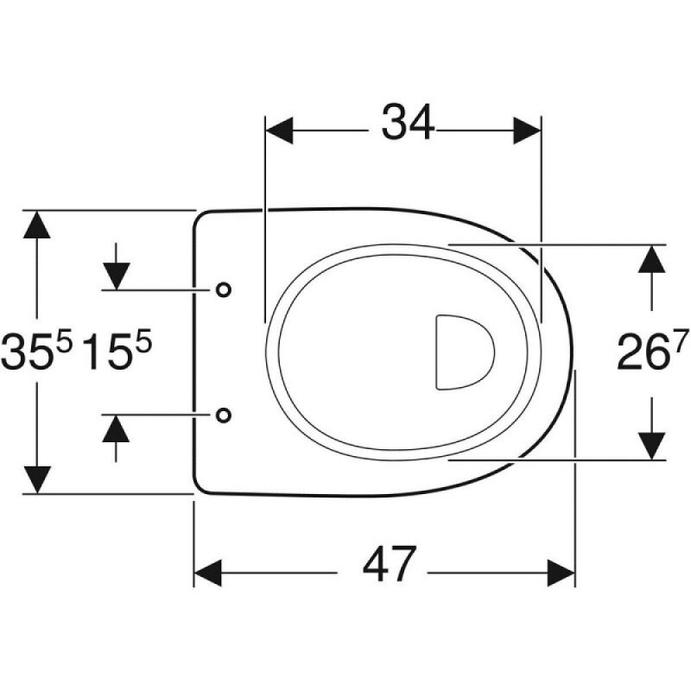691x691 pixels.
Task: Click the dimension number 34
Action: coord(408,123)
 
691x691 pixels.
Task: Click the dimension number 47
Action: coord(389,565)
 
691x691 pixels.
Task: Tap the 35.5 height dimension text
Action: coord(36,351)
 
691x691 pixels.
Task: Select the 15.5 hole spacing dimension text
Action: coord(117,351)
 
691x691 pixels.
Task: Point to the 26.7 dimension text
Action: coord(652,351)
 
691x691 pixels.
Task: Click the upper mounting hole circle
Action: coord(224,289)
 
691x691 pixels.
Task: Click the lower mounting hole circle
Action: coord(224,415)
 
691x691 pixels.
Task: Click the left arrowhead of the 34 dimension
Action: coord(279,130)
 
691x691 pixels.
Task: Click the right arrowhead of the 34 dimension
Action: coord(527,130)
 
